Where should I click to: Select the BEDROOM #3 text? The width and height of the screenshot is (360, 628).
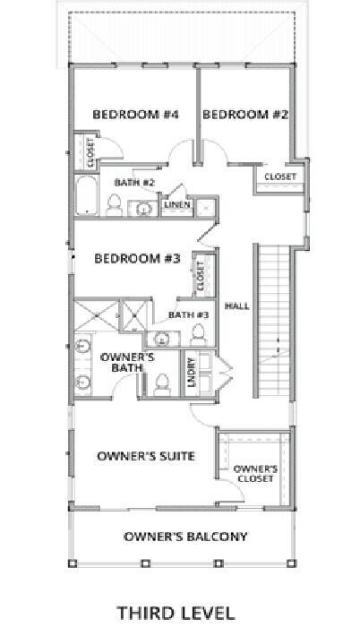(x=138, y=259)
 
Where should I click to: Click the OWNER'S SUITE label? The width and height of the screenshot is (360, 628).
(x=145, y=456)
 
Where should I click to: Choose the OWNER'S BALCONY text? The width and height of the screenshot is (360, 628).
(x=185, y=537)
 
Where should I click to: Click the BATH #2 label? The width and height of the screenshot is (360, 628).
(x=135, y=183)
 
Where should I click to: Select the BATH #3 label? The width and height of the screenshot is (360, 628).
(x=188, y=314)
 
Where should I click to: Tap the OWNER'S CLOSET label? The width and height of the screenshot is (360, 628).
(x=255, y=473)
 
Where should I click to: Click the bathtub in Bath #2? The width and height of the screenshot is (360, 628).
(x=86, y=197)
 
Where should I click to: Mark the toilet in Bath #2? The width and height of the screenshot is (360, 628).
(x=114, y=208)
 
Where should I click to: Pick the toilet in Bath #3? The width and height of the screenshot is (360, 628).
(x=199, y=334)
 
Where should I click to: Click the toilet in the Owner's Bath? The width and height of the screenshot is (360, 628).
(x=162, y=383)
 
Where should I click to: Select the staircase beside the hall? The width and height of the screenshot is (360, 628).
(x=274, y=323)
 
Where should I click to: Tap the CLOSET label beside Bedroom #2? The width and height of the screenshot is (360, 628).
(x=279, y=177)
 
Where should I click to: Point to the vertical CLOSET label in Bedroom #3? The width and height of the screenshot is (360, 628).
(x=200, y=272)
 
